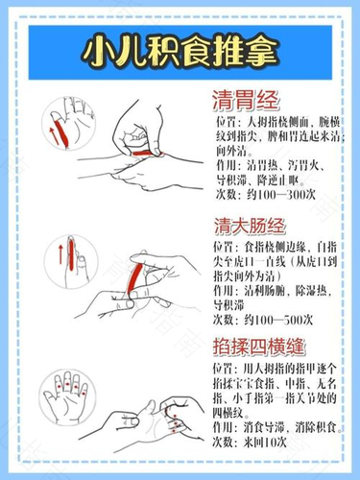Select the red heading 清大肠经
255,228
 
